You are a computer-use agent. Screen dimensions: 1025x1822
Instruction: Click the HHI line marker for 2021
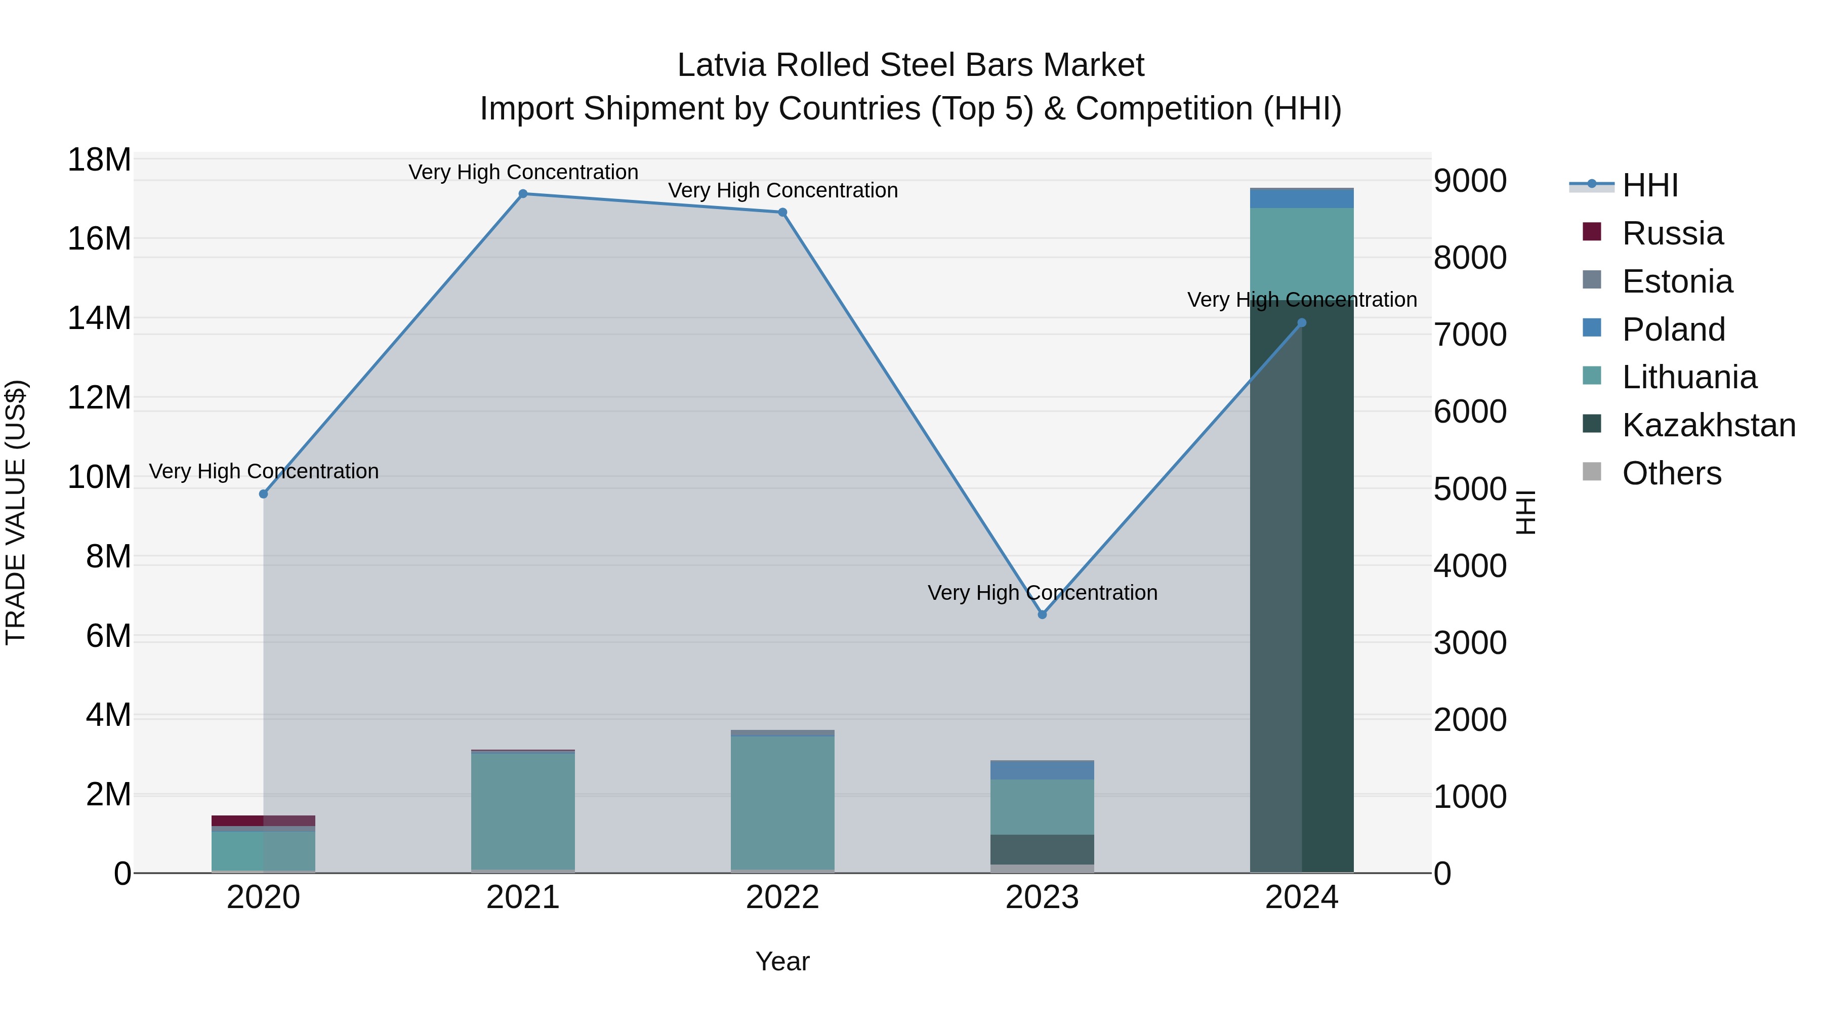(523, 194)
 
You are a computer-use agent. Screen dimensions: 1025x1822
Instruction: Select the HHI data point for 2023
(1042, 614)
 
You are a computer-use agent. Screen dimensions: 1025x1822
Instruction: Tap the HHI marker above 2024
(1301, 322)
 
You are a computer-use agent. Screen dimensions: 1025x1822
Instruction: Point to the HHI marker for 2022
(782, 212)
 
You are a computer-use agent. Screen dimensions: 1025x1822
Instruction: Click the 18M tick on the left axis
(99, 160)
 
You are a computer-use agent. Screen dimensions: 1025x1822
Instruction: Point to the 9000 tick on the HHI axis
(1470, 181)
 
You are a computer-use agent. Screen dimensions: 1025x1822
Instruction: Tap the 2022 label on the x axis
(782, 897)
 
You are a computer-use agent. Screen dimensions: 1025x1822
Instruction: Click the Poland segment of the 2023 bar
(1042, 769)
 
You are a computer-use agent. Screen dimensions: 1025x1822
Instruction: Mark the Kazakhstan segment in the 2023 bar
(1042, 849)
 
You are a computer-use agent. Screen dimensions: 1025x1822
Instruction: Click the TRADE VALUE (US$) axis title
(16, 512)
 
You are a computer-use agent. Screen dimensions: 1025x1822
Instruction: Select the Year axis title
(782, 961)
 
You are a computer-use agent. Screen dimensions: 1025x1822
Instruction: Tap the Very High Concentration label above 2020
(264, 471)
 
